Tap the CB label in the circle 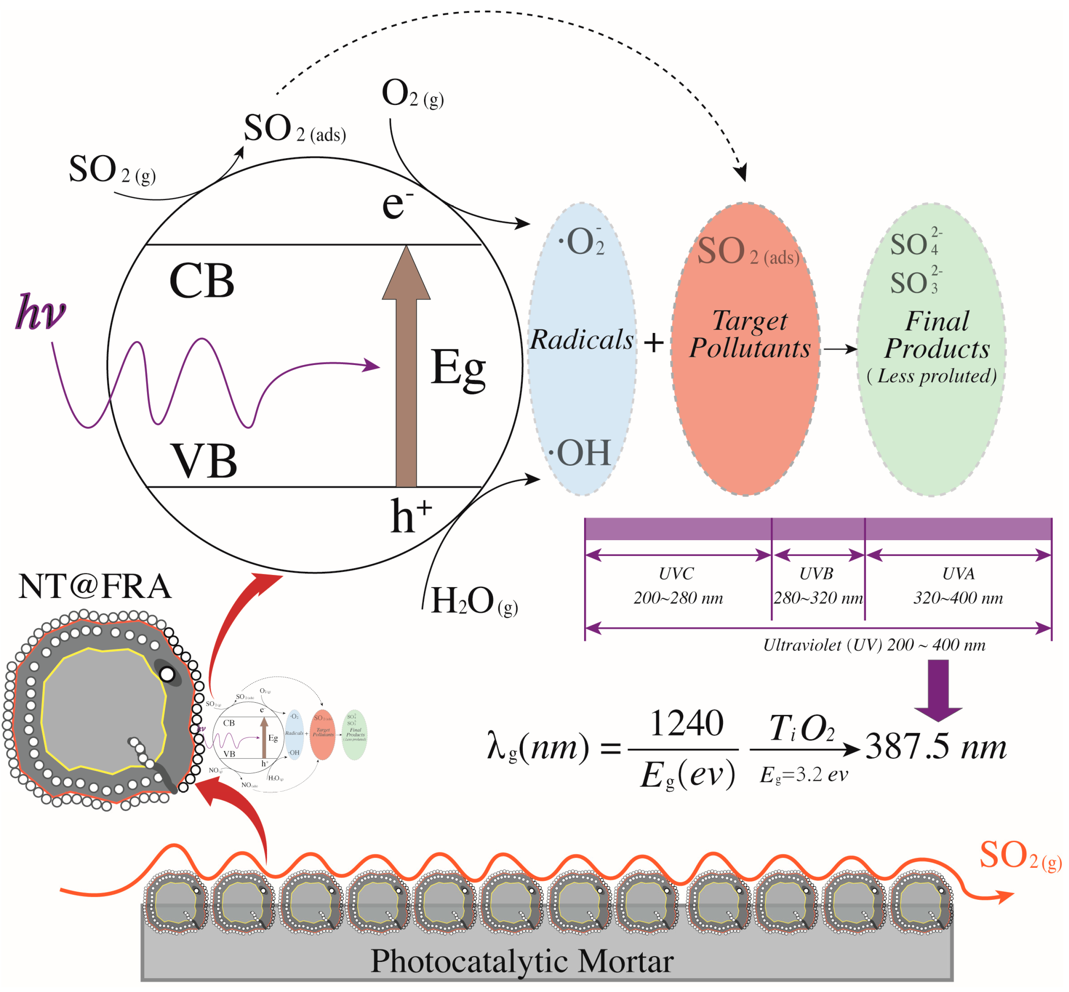coord(202,281)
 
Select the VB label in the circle coord(204,461)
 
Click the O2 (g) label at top coord(412,94)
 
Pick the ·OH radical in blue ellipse coord(581,453)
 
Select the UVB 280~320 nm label coord(817,586)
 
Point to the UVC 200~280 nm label coord(677,586)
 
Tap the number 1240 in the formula coord(687,723)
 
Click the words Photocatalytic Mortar coord(522,961)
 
